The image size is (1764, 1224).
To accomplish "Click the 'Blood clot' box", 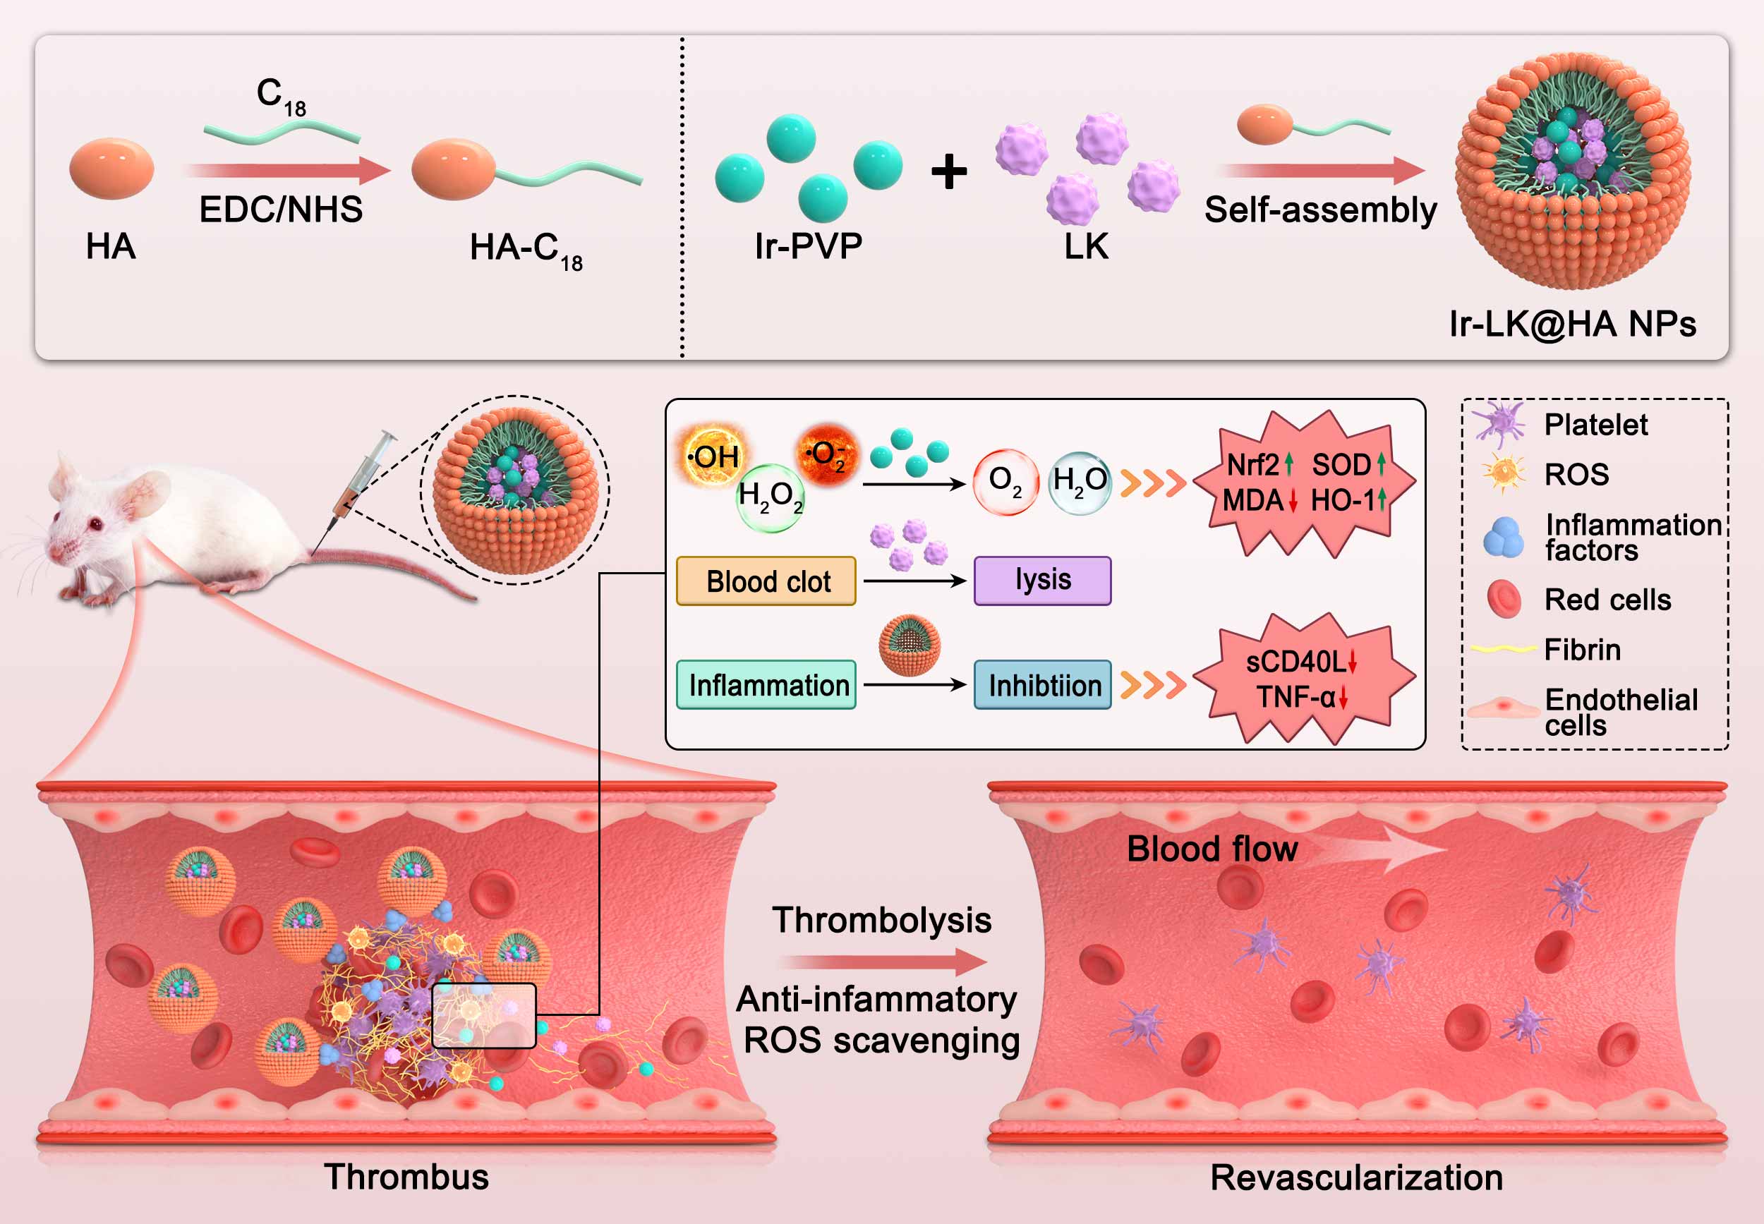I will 766,581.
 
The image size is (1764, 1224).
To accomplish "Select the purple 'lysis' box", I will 1042,581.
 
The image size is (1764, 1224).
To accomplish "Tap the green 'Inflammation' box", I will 767,685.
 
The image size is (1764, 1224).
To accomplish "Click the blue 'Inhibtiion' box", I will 1043,685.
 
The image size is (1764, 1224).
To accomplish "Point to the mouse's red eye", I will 95,525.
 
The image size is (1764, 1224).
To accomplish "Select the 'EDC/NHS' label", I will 281,210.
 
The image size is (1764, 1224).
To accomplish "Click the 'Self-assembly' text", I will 1320,210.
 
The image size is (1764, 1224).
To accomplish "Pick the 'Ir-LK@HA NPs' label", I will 1572,324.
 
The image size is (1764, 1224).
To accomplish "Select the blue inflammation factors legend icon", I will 1503,537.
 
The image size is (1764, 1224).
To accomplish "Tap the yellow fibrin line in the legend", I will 1502,650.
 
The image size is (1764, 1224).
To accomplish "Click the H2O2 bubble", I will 770,497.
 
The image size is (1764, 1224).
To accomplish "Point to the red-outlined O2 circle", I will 1005,482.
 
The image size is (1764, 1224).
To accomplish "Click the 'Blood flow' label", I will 1212,849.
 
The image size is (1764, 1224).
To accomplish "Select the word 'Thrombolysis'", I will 881,921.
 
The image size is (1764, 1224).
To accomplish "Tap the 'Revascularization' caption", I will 1356,1177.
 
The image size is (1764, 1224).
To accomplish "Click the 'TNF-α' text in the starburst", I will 1295,697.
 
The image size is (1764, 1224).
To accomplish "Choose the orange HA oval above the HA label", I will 112,169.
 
